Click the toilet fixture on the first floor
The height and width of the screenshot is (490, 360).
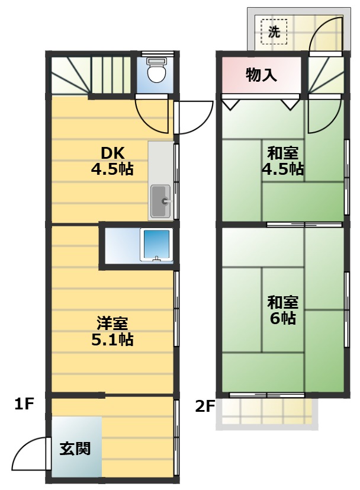tap(156, 71)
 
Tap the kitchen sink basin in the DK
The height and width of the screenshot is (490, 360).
tap(161, 201)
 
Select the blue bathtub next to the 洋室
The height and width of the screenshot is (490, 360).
tap(156, 244)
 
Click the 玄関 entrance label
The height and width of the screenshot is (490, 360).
tap(75, 449)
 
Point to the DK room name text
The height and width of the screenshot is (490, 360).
tap(112, 153)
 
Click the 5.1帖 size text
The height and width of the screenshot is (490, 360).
tap(112, 339)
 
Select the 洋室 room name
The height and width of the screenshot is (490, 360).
tap(112, 323)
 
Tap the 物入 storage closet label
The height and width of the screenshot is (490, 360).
tap(261, 75)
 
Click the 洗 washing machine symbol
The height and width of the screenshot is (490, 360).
tap(274, 31)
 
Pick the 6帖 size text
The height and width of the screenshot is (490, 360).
tap(283, 318)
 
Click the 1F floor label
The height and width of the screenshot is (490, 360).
tap(24, 404)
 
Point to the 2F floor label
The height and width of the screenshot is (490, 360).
tap(205, 406)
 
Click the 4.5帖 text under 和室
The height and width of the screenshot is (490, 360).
tap(282, 169)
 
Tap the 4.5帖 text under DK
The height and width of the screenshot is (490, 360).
tap(112, 169)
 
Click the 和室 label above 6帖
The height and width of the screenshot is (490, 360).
tap(283, 302)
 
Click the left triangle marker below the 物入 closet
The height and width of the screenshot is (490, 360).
tap(231, 104)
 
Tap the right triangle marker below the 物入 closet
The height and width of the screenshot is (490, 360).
tap(291, 104)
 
